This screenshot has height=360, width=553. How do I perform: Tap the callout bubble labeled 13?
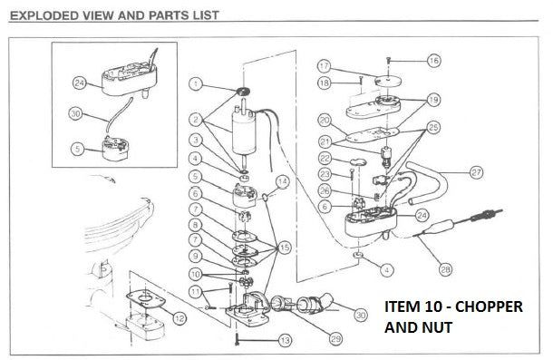(286, 341)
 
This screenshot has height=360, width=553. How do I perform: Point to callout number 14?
(283, 182)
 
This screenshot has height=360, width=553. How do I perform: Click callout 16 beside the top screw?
(434, 60)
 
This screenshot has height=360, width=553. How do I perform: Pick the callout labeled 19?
(432, 99)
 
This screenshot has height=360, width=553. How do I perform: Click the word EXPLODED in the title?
(44, 15)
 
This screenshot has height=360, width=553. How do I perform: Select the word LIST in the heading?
(205, 15)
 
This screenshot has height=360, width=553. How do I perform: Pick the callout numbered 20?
(324, 120)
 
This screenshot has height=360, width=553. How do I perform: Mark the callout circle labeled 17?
(325, 66)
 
